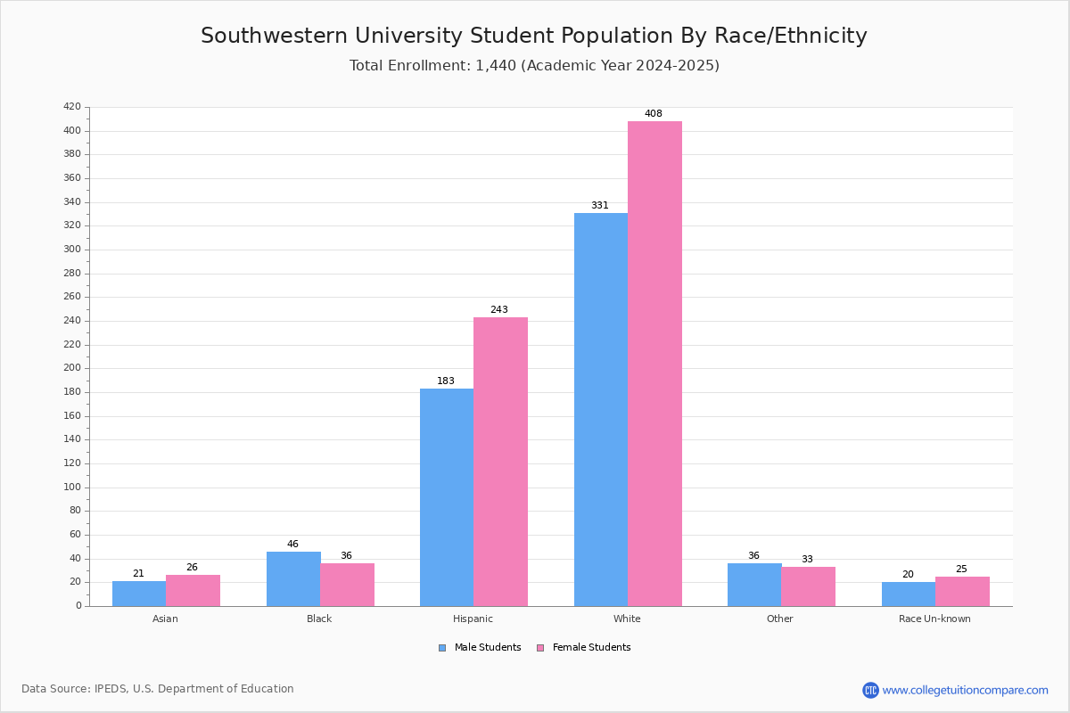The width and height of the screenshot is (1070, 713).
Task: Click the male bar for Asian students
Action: tap(139, 594)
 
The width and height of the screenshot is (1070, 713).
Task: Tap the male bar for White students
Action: tap(600, 410)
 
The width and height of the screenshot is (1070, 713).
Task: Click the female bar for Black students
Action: tap(347, 585)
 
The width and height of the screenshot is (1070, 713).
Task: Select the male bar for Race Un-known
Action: tap(908, 594)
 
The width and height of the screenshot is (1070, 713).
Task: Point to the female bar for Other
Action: tap(808, 586)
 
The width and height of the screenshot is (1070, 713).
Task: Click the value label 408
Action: tap(654, 114)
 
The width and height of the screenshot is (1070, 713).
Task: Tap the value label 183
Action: tap(446, 381)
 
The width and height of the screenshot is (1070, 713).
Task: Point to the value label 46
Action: tap(292, 545)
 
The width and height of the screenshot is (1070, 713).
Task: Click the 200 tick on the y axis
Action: tap(72, 368)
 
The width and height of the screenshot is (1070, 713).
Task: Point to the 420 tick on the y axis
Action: tap(72, 107)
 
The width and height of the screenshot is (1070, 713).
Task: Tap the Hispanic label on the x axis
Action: tap(473, 619)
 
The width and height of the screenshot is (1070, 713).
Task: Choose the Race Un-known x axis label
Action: tap(934, 619)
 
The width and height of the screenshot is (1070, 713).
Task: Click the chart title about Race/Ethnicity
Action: tap(534, 36)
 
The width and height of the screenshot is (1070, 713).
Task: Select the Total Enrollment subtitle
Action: tap(534, 66)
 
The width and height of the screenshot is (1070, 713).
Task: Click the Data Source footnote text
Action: tap(158, 689)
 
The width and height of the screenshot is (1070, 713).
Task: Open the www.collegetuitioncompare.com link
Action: tap(965, 690)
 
